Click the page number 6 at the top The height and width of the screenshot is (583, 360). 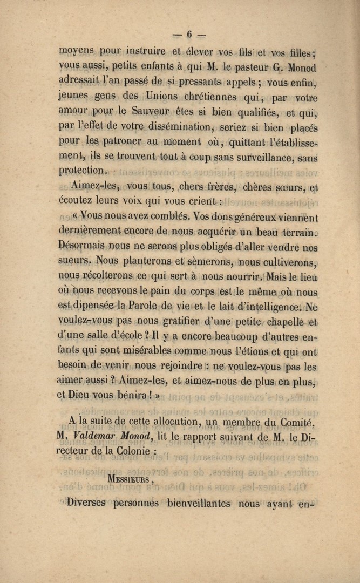point(189,34)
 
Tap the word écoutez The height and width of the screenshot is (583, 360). point(77,202)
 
